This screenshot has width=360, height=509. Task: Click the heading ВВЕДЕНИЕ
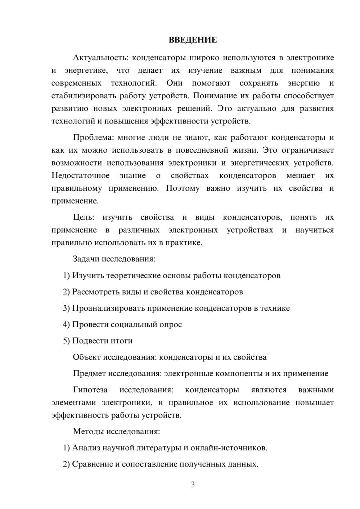193,40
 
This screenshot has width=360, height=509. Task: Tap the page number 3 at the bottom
193,485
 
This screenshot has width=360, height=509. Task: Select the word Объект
87,357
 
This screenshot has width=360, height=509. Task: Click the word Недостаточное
80,176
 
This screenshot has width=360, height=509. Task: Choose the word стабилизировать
78,96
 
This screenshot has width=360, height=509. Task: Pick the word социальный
131,324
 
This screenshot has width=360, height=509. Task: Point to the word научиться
314,230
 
